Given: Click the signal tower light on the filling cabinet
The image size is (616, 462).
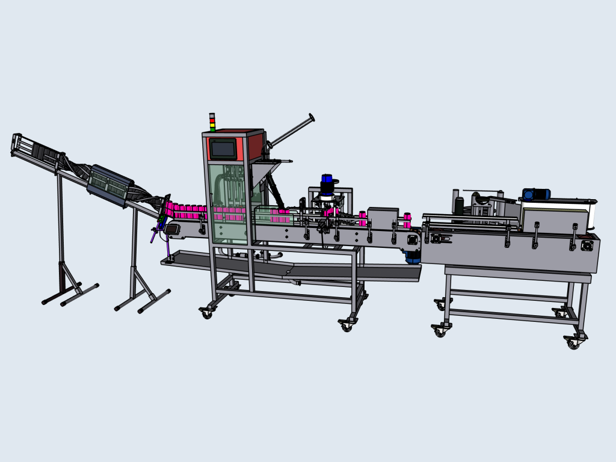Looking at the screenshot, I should pyautogui.click(x=212, y=122).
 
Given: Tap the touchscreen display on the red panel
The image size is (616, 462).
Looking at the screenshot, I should pyautogui.click(x=223, y=148).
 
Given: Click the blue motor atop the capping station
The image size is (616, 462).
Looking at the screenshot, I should pyautogui.click(x=327, y=180).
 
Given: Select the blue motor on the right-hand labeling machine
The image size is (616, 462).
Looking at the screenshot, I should pyautogui.click(x=535, y=194).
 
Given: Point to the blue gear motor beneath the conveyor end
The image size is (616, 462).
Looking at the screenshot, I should pyautogui.click(x=412, y=257).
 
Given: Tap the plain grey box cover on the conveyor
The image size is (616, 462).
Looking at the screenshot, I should pyautogui.click(x=382, y=217).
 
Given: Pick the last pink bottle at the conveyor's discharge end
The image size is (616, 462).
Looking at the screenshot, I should pyautogui.click(x=407, y=218).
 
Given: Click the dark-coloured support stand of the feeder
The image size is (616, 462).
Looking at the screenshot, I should pyautogui.click(x=63, y=265).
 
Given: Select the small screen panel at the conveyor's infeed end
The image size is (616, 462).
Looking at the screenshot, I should pyautogui.click(x=175, y=229).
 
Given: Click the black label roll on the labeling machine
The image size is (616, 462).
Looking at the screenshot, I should pyautogui.click(x=458, y=203).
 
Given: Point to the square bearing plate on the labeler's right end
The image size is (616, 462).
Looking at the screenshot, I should pyautogui.click(x=586, y=245).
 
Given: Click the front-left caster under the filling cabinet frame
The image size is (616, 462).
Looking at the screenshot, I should pyautogui.click(x=207, y=313).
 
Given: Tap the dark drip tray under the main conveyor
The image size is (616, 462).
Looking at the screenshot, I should pyautogui.click(x=289, y=267).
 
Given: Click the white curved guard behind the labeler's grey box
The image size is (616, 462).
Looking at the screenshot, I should pyautogui.click(x=593, y=214).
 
